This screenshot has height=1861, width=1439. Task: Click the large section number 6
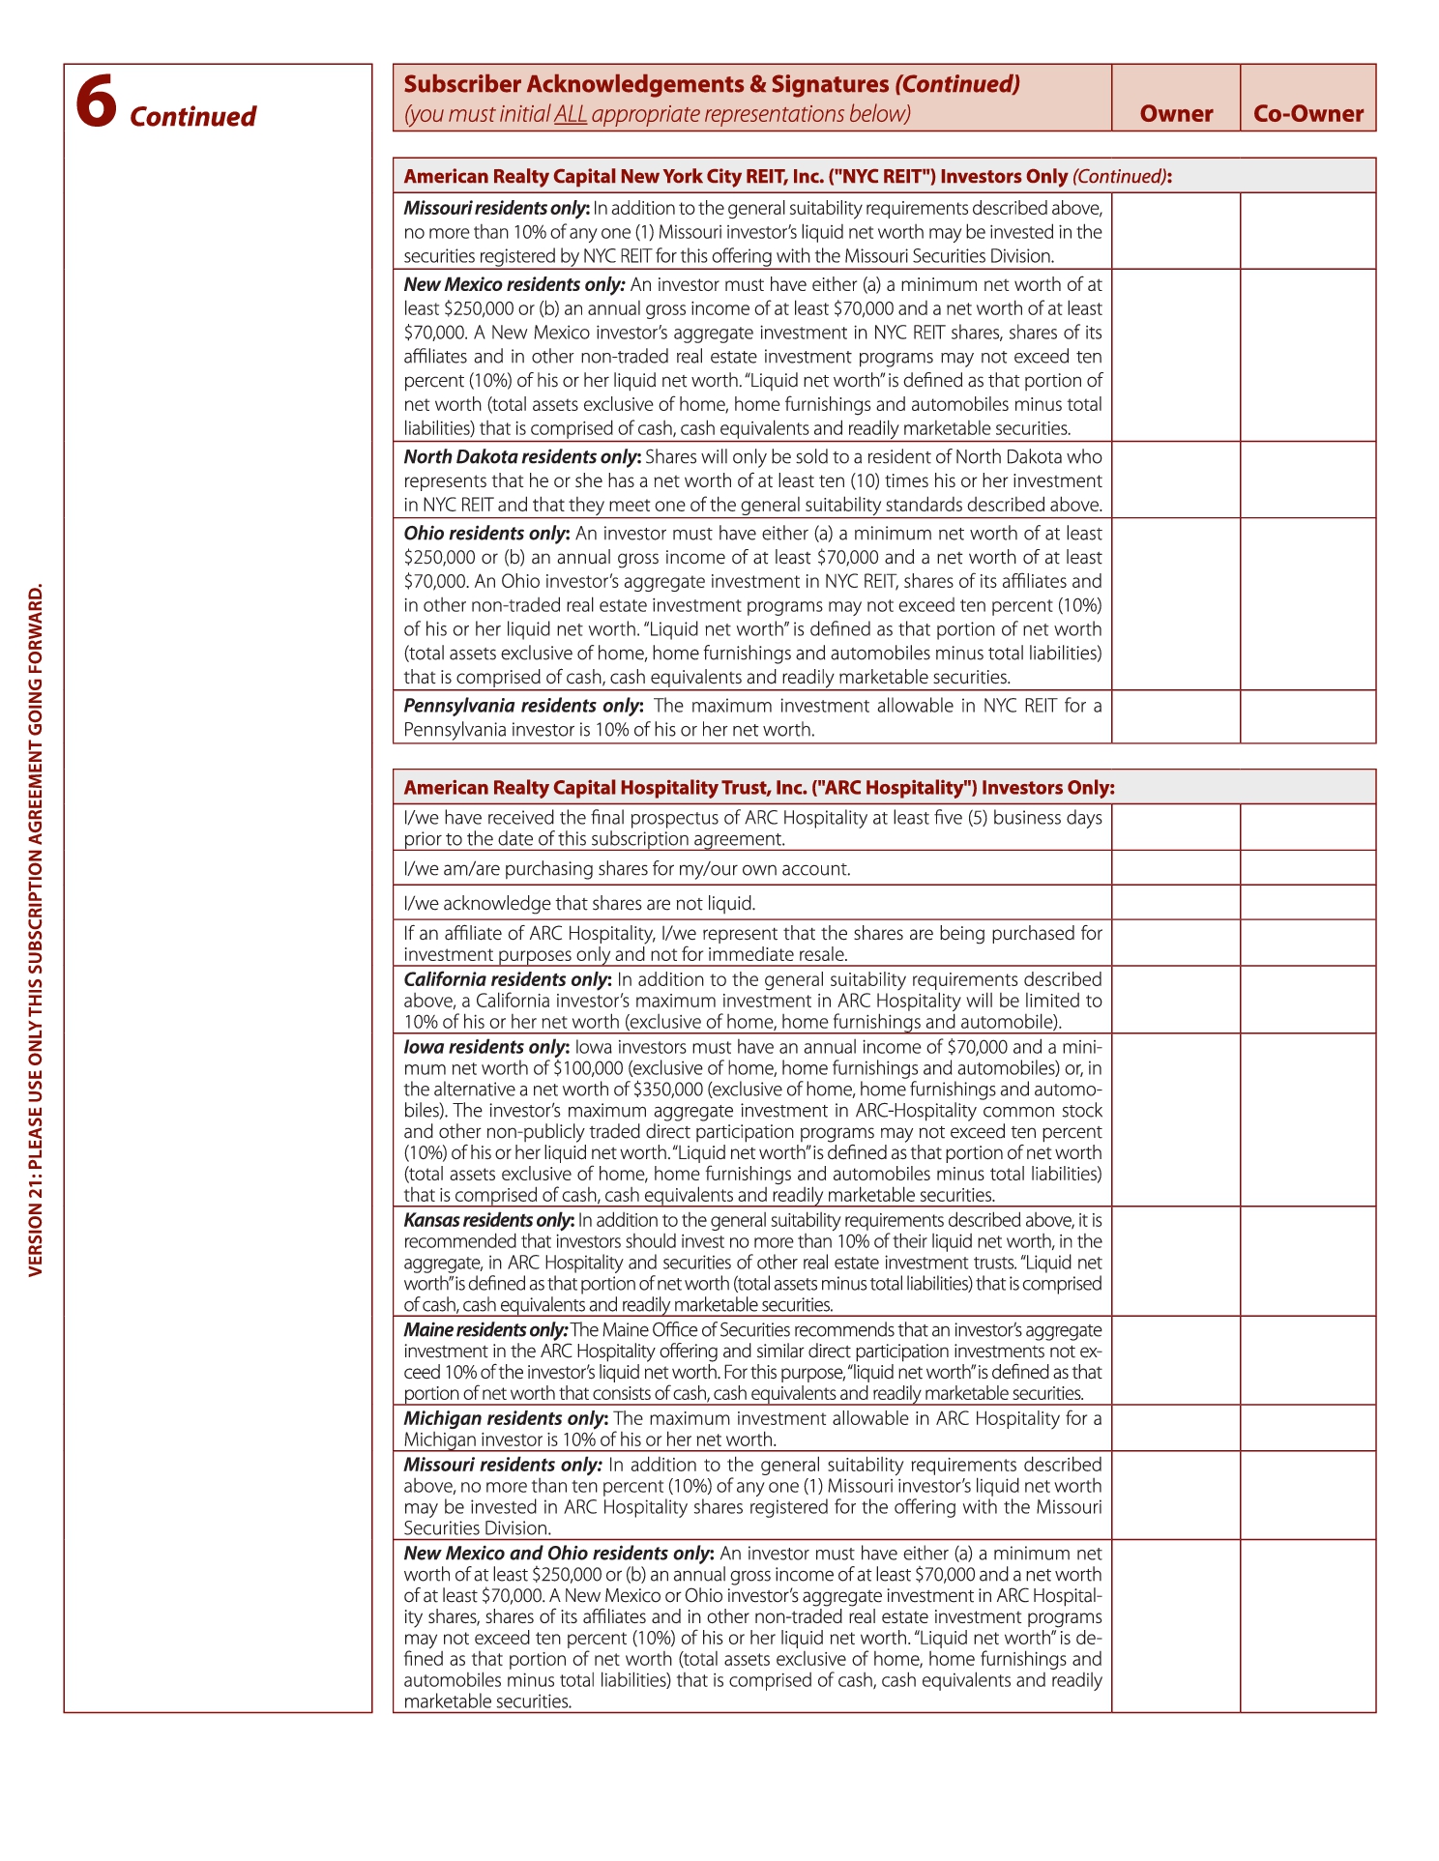click(97, 102)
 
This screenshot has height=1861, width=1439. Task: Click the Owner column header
click(1176, 114)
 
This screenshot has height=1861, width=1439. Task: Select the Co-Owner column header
click(1307, 114)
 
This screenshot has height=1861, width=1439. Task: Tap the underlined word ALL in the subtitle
click(571, 114)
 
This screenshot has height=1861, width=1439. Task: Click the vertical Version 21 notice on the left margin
click(36, 928)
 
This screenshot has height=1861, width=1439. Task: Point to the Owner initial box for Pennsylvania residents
click(1176, 716)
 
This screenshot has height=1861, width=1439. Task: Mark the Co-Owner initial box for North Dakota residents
click(1307, 480)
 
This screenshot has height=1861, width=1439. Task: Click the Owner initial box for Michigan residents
click(1176, 1428)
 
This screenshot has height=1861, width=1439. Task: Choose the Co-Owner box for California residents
click(1307, 1000)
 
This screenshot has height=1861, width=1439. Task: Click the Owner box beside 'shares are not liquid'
click(1176, 902)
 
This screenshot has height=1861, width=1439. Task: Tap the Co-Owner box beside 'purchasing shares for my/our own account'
click(1307, 867)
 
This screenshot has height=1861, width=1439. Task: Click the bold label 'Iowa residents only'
click(485, 1047)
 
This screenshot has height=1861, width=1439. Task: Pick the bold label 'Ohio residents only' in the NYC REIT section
click(485, 534)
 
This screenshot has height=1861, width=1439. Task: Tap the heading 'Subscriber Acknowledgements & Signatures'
click(646, 84)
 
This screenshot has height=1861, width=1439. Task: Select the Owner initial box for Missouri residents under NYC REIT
click(1176, 231)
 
